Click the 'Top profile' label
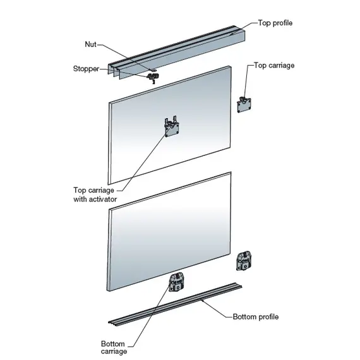[275, 23]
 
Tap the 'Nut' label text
[90, 44]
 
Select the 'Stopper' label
[86, 69]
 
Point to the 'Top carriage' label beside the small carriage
[274, 66]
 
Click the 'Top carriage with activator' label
[95, 195]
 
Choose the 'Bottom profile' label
[256, 317]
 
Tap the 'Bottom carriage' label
[114, 347]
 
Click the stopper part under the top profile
[153, 78]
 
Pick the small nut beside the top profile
[153, 69]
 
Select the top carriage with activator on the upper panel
[172, 127]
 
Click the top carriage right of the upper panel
[244, 105]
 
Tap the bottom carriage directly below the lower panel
[177, 282]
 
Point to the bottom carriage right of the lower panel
[244, 261]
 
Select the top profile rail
[176, 52]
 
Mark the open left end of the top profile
[114, 71]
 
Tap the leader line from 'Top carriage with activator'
[143, 162]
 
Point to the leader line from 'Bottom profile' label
[217, 309]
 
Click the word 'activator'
[102, 200]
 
